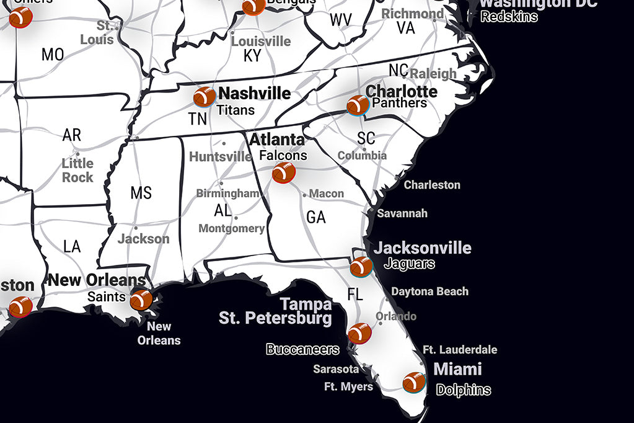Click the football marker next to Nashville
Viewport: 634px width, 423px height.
point(204,97)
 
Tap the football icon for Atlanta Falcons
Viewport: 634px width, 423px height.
point(284,172)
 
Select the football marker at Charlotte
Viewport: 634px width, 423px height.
point(358,105)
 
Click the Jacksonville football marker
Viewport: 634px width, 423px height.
point(361,267)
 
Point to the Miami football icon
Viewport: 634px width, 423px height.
point(414,382)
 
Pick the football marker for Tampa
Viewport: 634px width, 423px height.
point(359,333)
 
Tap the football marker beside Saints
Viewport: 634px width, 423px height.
point(141,299)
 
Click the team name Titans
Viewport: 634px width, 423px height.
point(236,110)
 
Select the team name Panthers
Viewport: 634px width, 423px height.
point(399,103)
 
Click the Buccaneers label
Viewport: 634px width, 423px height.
point(302,350)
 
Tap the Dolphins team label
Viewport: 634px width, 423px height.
point(463,390)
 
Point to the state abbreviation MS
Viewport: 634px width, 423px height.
point(141,193)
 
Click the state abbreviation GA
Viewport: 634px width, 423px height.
point(315,217)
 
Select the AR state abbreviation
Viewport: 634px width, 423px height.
point(72,135)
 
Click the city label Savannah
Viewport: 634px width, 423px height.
point(402,213)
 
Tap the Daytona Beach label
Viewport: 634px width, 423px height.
point(429,292)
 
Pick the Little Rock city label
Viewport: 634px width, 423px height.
point(77,171)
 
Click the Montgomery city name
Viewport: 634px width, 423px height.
point(231,229)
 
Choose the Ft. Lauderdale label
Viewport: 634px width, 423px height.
point(459,350)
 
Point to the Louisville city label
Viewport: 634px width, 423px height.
point(260,42)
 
